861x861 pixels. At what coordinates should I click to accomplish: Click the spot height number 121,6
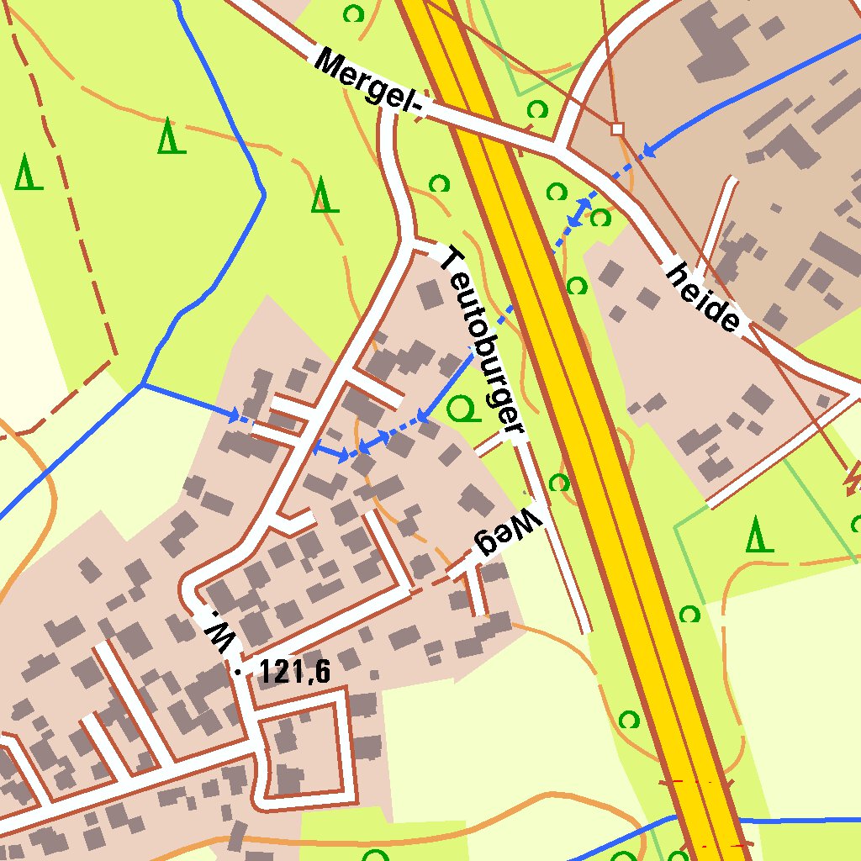pyautogui.click(x=295, y=671)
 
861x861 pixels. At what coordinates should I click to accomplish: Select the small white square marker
pyautogui.click(x=618, y=129)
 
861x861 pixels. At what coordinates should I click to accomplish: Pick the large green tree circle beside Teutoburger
pyautogui.click(x=461, y=409)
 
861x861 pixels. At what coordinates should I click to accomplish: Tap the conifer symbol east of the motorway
pyautogui.click(x=759, y=535)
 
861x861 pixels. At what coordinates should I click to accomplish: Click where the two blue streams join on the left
pyautogui.click(x=144, y=384)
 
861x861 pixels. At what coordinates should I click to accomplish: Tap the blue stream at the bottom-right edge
pyautogui.click(x=799, y=820)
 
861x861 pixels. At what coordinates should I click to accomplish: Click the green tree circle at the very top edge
pyautogui.click(x=354, y=13)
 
